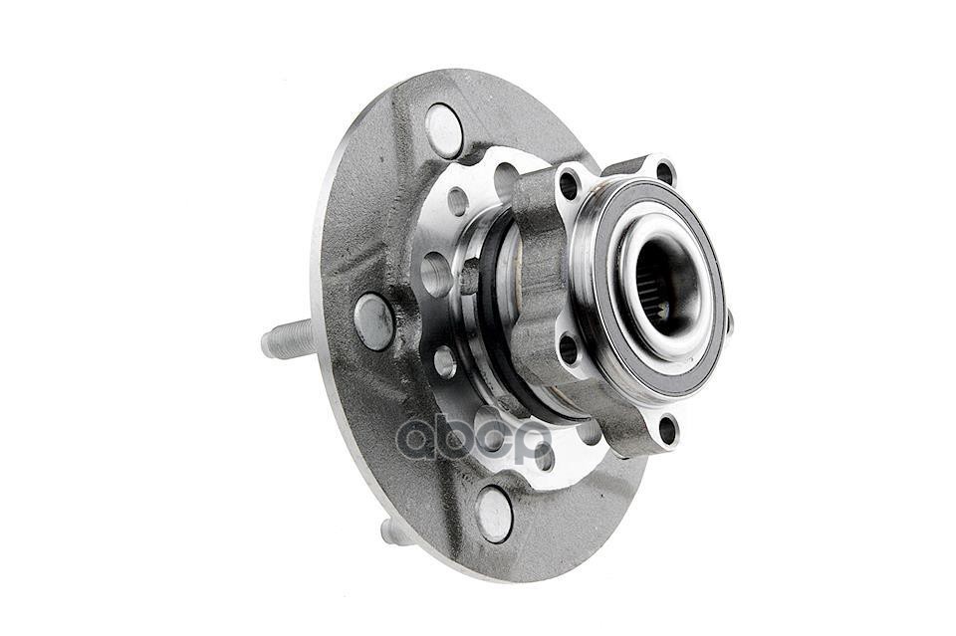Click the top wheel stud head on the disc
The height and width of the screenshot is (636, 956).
[x=444, y=130]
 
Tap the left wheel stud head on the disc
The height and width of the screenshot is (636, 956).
[x=373, y=321]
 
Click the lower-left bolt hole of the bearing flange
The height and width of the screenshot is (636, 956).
[x=568, y=349]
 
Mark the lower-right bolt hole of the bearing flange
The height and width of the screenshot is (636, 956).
[x=668, y=430]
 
